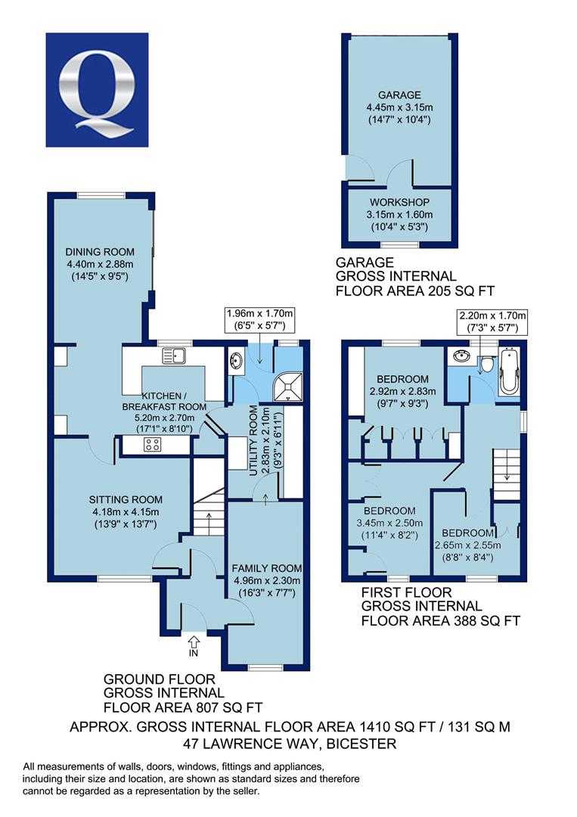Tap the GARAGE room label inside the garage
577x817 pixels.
pyautogui.click(x=399, y=95)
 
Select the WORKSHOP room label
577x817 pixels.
pyautogui.click(x=399, y=202)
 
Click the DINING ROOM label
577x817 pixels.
pyautogui.click(x=100, y=252)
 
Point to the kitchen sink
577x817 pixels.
pyautogui.click(x=174, y=356)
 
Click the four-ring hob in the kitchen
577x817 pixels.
pyautogui.click(x=153, y=445)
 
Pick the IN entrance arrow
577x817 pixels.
pyautogui.click(x=194, y=645)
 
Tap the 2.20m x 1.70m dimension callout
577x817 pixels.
pyautogui.click(x=492, y=322)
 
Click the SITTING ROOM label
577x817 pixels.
pyautogui.click(x=126, y=499)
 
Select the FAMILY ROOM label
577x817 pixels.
pyautogui.click(x=267, y=568)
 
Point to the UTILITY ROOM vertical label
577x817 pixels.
pyautogui.click(x=253, y=440)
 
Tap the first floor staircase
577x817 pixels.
pyautogui.click(x=507, y=474)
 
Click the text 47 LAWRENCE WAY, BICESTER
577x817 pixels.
pyautogui.click(x=290, y=744)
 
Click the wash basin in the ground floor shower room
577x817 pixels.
pyautogui.click(x=235, y=360)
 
